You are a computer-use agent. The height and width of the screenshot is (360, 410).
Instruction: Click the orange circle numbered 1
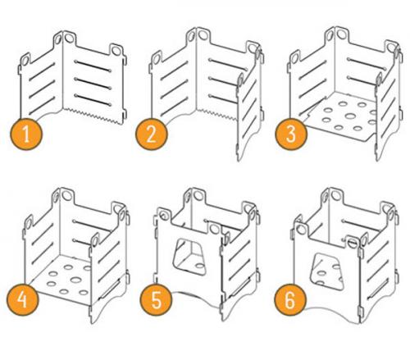(x=26, y=134)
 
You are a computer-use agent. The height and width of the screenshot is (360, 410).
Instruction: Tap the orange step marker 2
(x=151, y=134)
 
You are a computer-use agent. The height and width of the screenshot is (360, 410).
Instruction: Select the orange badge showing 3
(x=291, y=134)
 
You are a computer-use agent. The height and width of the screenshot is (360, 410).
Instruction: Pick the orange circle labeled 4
(x=23, y=299)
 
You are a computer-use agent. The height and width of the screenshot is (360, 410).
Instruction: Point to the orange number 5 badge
(x=156, y=299)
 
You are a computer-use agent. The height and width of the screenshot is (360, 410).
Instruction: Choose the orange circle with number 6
(x=290, y=299)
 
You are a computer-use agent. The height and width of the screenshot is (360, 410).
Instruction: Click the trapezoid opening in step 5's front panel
(x=189, y=257)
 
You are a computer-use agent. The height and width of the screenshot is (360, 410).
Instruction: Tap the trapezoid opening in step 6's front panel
(x=326, y=271)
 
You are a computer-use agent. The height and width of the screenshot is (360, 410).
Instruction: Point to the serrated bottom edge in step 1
(x=93, y=116)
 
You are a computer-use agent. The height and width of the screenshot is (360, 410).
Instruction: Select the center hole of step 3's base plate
(x=350, y=116)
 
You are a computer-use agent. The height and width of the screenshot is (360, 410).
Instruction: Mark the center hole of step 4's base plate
(x=75, y=280)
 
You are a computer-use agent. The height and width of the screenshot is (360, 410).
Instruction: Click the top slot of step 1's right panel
(x=93, y=66)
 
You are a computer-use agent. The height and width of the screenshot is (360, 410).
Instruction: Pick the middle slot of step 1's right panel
(x=93, y=84)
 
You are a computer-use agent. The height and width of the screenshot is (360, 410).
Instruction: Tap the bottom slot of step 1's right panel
(x=93, y=100)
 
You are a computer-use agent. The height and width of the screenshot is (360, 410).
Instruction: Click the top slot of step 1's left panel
(x=42, y=71)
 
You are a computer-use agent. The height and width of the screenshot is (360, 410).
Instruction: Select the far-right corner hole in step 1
(x=116, y=51)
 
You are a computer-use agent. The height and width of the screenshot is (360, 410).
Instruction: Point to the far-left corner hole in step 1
(x=25, y=61)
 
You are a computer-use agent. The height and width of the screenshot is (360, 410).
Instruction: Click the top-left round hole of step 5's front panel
(x=164, y=215)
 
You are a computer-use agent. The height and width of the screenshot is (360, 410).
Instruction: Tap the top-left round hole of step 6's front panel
(x=302, y=230)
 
